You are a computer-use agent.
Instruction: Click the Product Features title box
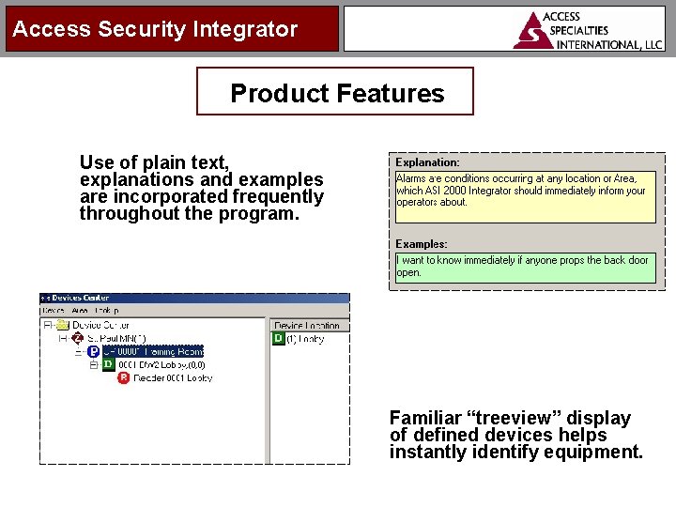point(335,92)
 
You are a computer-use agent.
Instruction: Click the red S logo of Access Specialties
point(533,30)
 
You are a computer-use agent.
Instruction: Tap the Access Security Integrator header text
point(155,29)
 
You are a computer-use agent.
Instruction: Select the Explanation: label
point(427,162)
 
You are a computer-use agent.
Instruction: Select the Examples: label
point(422,244)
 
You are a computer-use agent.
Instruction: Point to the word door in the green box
point(638,260)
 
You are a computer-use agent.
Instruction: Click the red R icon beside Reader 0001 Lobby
point(124,378)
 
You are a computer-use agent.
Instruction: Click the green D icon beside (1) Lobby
point(279,339)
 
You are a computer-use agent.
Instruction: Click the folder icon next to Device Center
point(62,325)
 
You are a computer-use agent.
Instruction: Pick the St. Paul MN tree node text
point(110,338)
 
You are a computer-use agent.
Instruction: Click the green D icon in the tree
point(108,364)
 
